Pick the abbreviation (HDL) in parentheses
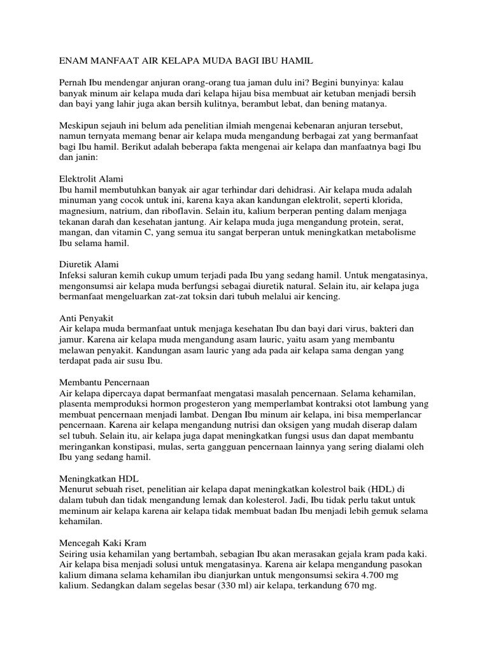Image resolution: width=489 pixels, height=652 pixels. pos(369,489)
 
